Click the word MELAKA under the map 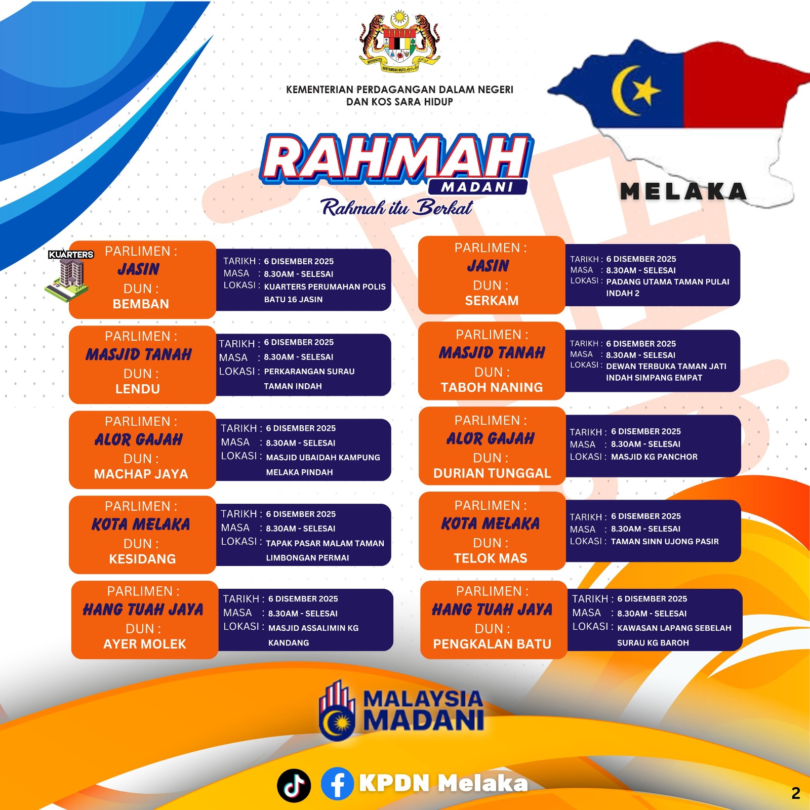pyautogui.click(x=683, y=191)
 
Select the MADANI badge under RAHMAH pyautogui.click(x=477, y=187)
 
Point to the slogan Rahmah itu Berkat pyautogui.click(x=397, y=207)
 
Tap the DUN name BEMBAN pyautogui.click(x=141, y=304)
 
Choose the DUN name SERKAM pyautogui.click(x=492, y=301)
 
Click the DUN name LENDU pyautogui.click(x=138, y=389)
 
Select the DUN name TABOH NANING pyautogui.click(x=492, y=387)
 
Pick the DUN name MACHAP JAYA pyautogui.click(x=141, y=474)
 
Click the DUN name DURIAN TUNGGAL pyautogui.click(x=492, y=473)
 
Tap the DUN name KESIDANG pyautogui.click(x=142, y=559)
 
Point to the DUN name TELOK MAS pyautogui.click(x=491, y=558)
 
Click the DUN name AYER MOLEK pyautogui.click(x=145, y=644)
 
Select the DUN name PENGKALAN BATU pyautogui.click(x=492, y=644)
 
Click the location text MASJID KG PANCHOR pyautogui.click(x=654, y=457)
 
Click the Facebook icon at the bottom pyautogui.click(x=337, y=784)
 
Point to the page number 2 pyautogui.click(x=796, y=793)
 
